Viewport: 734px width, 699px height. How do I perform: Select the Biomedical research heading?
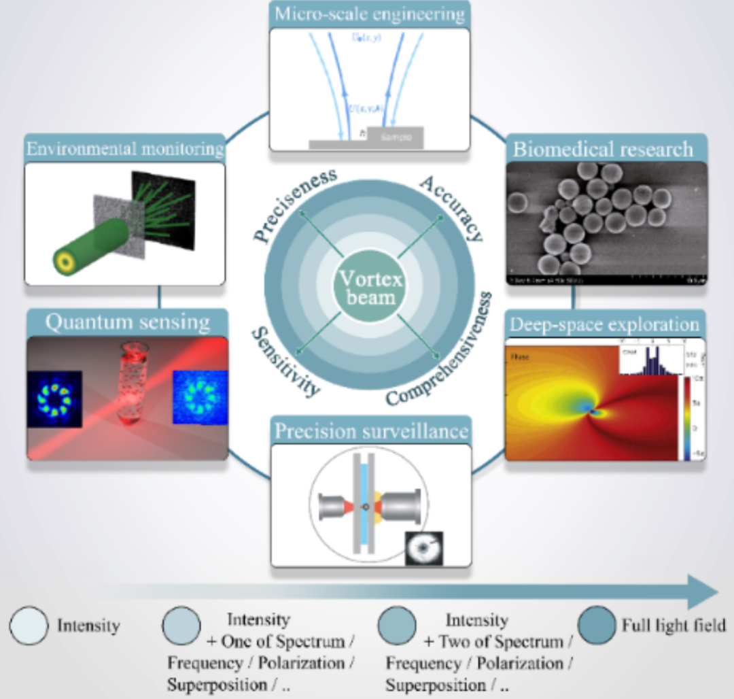(603, 149)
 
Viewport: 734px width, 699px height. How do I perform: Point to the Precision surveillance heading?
(370, 430)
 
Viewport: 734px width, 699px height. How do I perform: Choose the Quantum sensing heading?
(127, 322)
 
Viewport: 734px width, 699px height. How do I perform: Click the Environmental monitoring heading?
(125, 148)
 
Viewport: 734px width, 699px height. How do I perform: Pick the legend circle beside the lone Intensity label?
(29, 624)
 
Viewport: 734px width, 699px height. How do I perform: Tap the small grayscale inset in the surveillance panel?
(423, 548)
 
